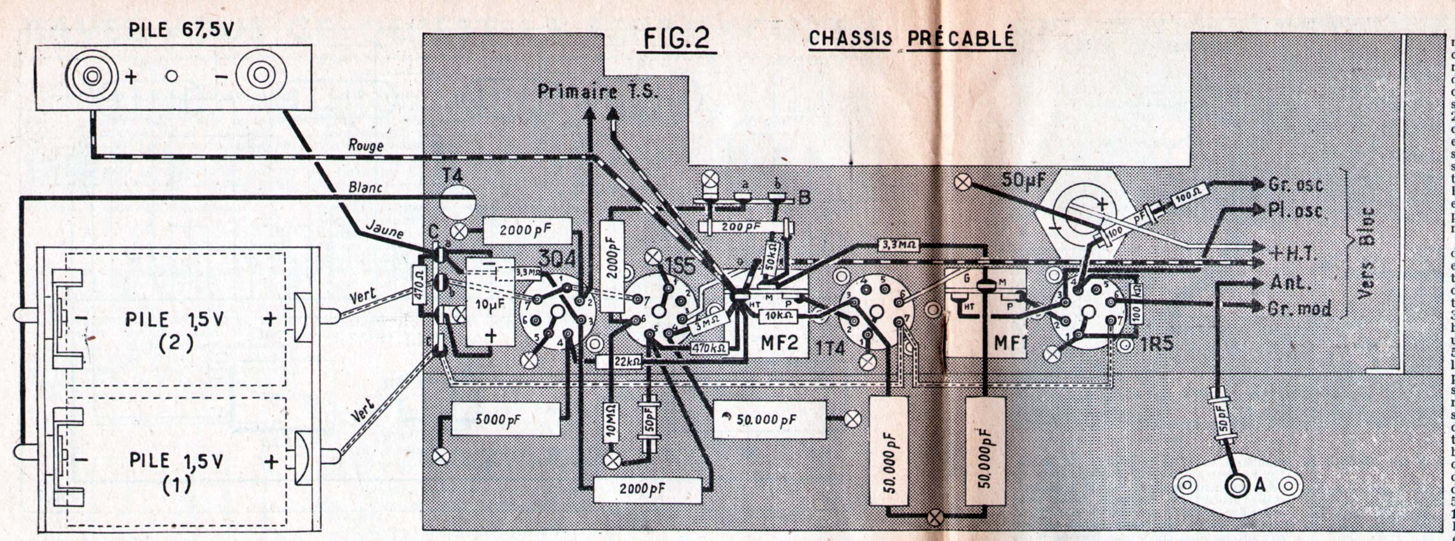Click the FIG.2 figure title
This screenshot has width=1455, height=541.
click(x=676, y=38)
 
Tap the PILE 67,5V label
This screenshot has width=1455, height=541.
click(x=181, y=30)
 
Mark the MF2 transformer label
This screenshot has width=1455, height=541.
click(x=779, y=343)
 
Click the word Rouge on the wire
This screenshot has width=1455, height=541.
click(x=365, y=145)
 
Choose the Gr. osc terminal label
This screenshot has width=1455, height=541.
click(x=1296, y=185)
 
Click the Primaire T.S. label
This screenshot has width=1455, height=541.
click(x=598, y=92)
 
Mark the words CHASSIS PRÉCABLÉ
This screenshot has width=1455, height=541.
click(x=911, y=38)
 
